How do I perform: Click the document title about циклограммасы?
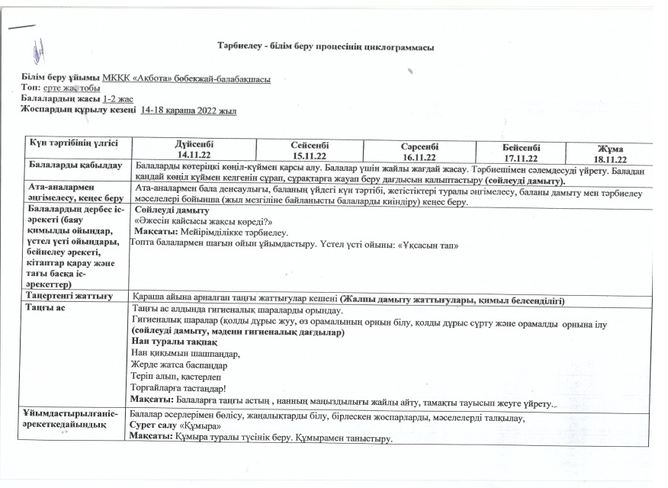click(x=326, y=48)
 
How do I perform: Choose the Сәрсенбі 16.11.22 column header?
click(x=416, y=150)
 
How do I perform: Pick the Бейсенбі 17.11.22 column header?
click(x=522, y=152)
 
